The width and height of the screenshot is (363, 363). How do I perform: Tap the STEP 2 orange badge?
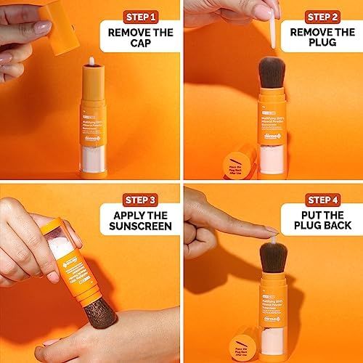coord(322,16)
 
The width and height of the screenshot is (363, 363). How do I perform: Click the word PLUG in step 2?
coord(322,46)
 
